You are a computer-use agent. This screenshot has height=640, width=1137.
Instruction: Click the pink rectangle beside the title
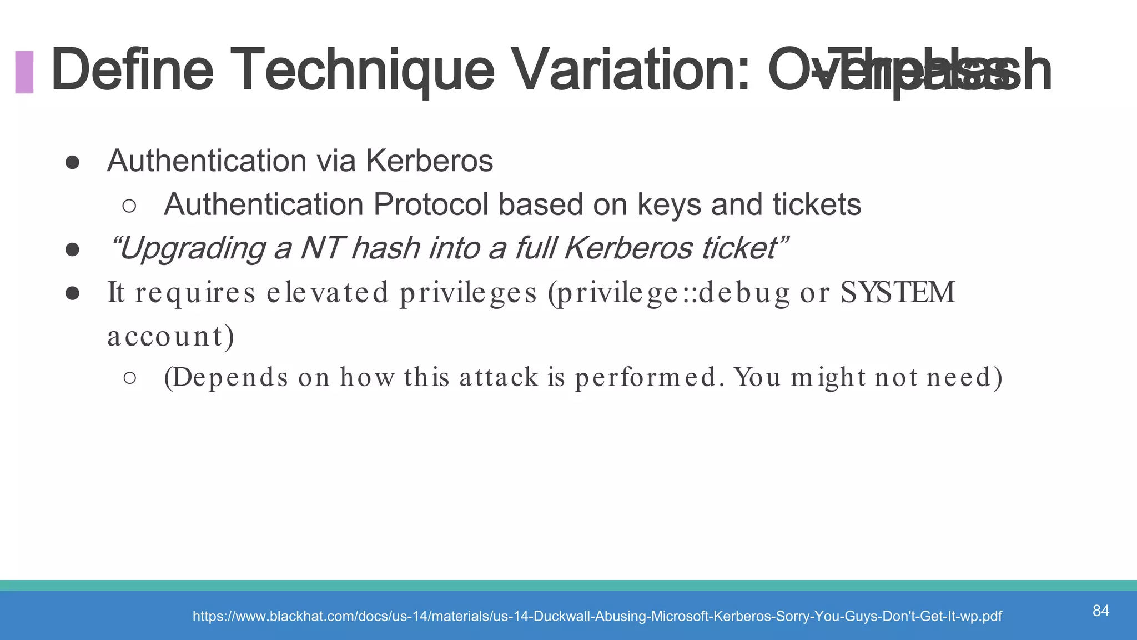point(24,72)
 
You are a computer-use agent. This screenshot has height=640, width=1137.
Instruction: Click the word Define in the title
point(132,71)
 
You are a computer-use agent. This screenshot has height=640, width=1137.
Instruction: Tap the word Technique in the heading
point(362,71)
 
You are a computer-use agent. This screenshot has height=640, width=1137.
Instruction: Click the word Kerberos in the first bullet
point(429,161)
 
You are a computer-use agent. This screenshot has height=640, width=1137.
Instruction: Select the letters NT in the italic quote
point(322,248)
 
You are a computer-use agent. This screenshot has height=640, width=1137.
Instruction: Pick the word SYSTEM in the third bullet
point(897,293)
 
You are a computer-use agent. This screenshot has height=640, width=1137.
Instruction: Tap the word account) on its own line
point(171,336)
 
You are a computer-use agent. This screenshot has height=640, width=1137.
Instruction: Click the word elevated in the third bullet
point(328,293)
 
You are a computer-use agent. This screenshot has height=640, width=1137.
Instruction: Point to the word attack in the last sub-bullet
point(499,378)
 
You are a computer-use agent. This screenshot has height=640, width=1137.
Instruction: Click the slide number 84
point(1100,611)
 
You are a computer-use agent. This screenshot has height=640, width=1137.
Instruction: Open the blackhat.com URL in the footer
point(597,616)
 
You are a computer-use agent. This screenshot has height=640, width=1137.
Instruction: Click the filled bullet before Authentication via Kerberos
point(72,162)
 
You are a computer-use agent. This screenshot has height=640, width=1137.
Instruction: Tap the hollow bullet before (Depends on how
point(129,378)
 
